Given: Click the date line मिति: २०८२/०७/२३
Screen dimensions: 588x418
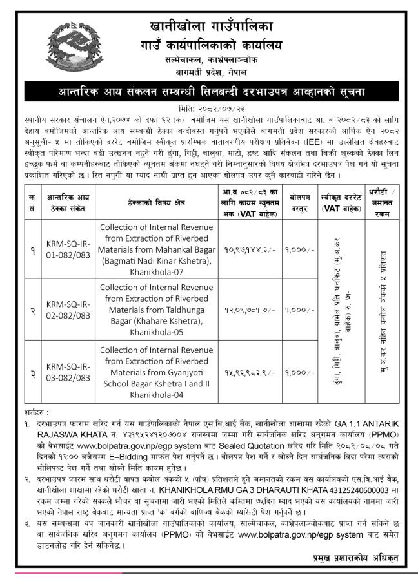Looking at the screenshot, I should (208, 107).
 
